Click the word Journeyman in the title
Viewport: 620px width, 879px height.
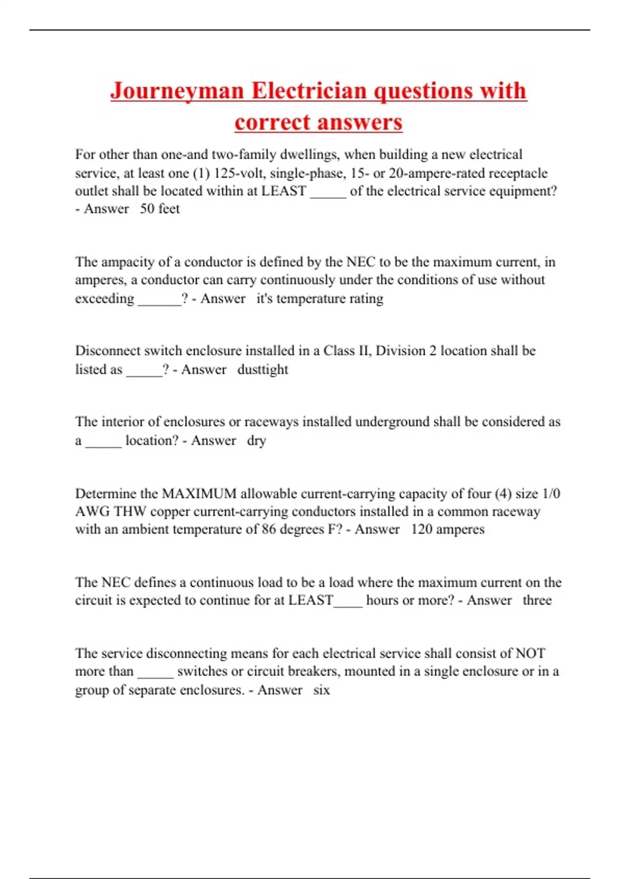(x=177, y=91)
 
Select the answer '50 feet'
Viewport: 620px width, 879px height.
(x=160, y=209)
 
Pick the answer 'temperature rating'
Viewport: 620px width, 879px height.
(x=330, y=299)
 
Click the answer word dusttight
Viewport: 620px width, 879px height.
(x=262, y=370)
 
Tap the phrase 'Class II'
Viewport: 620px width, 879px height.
(x=347, y=351)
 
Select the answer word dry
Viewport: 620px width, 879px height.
(x=256, y=441)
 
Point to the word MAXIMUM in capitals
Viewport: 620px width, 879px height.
(x=199, y=494)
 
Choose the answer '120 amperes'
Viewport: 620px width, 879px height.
(x=447, y=529)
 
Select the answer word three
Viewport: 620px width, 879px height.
(x=537, y=600)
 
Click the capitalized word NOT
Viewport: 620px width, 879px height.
(x=530, y=654)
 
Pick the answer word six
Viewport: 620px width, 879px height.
(x=321, y=690)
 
